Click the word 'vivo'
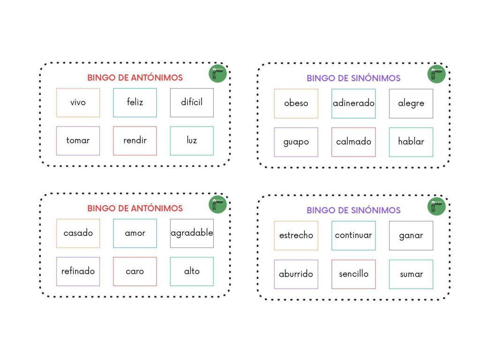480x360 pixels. [78, 102]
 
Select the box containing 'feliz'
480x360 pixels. [135, 102]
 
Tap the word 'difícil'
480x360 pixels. [192, 102]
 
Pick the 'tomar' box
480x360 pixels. [78, 140]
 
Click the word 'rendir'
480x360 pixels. [135, 140]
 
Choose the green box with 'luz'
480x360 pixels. [192, 140]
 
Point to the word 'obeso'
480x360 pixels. [296, 103]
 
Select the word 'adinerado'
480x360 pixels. [353, 103]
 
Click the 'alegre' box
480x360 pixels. [411, 103]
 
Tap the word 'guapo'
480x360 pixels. [296, 142]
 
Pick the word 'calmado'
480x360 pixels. [353, 142]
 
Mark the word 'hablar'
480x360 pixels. [411, 142]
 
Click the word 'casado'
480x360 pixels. [78, 233]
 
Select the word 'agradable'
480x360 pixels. [192, 233]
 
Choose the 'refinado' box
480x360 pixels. [78, 271]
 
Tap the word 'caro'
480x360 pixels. [135, 271]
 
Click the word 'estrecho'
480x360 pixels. [296, 235]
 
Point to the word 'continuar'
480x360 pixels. [353, 235]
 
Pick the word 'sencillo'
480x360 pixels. [353, 274]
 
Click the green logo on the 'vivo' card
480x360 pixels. [217, 73]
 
